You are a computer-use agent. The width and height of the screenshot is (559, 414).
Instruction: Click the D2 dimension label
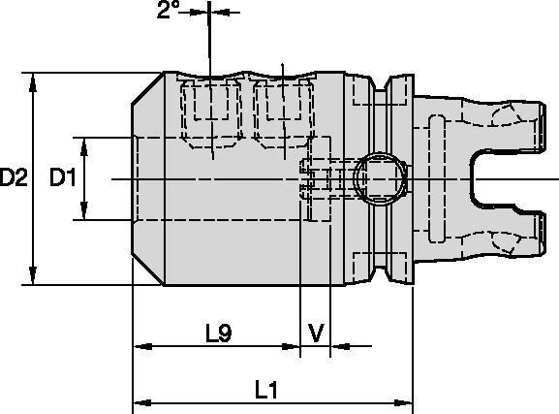pos(14,177)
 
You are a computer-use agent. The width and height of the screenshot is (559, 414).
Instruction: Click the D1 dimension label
pos(62,177)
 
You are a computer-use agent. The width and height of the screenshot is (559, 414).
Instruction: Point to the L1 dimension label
pos(266,390)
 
